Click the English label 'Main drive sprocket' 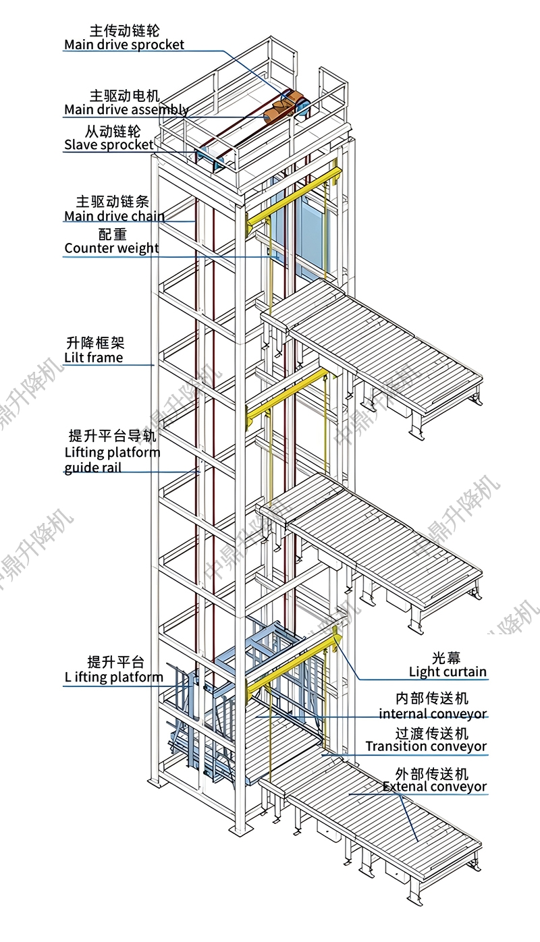(124, 45)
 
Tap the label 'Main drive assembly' (126, 110)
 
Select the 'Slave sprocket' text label (109, 145)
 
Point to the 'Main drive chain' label (114, 216)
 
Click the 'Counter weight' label (111, 248)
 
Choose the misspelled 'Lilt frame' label (93, 358)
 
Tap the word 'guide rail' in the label (93, 468)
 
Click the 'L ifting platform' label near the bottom (113, 677)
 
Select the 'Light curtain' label (448, 672)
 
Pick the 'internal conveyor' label (433, 714)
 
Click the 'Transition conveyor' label (426, 746)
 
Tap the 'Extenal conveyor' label (435, 786)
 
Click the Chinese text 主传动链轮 (124, 30)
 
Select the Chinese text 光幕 (446, 658)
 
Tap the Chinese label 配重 (112, 234)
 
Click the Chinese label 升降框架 (95, 343)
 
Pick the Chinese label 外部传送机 (432, 773)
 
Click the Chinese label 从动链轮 (113, 131)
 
